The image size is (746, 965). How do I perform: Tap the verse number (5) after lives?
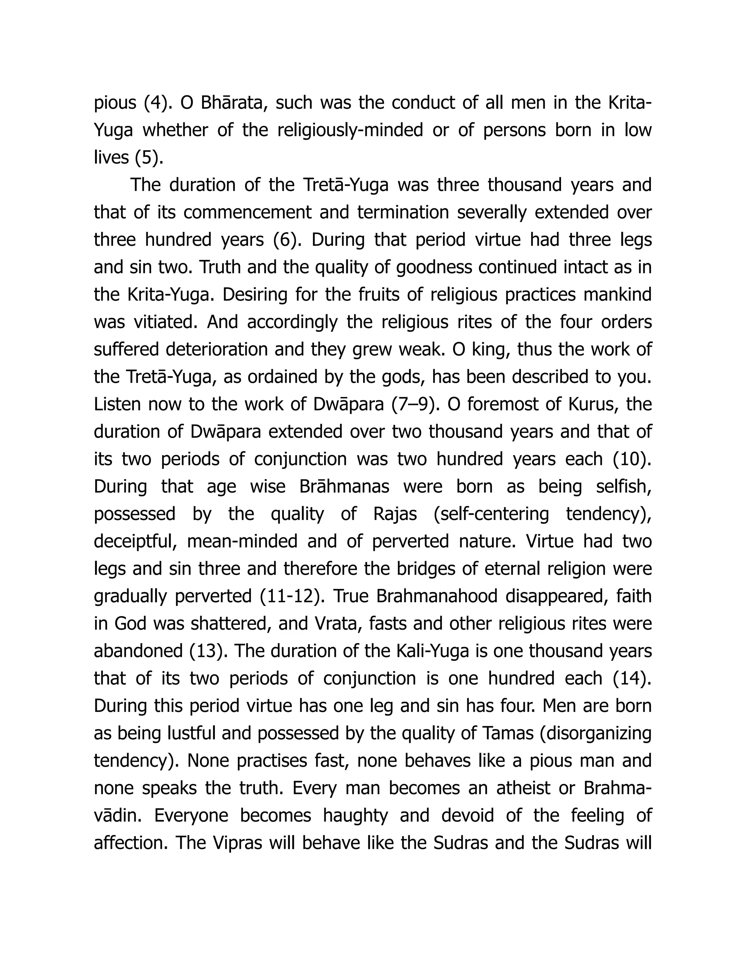tap(149, 158)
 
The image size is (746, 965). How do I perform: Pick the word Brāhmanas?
tap(344, 487)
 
